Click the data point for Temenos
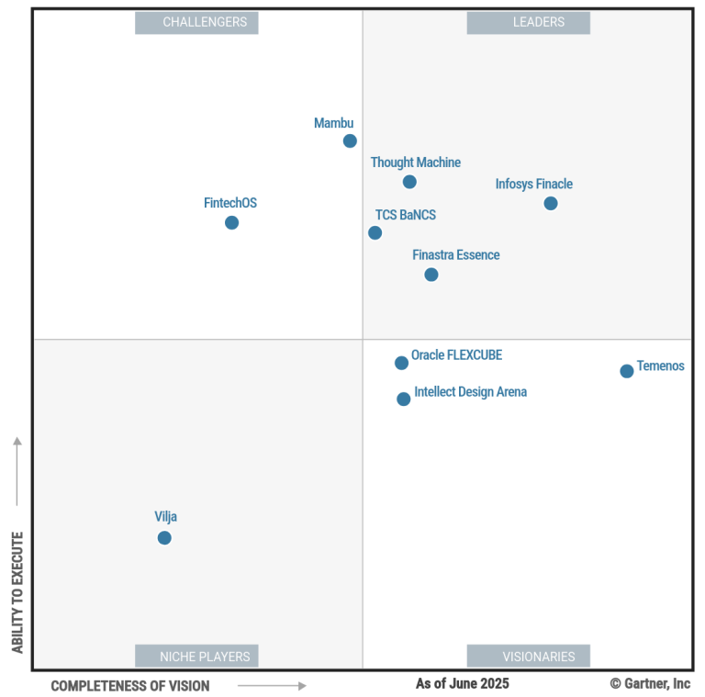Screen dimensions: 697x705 [626, 371]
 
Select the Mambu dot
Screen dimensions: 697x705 [350, 141]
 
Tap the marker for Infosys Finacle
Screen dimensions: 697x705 [550, 203]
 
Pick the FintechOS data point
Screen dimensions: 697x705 [231, 222]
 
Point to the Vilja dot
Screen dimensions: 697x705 [164, 537]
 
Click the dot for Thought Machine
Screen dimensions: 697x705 [409, 182]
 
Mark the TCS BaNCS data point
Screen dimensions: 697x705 [375, 232]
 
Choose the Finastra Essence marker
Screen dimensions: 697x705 [431, 275]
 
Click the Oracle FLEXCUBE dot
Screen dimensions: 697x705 [401, 363]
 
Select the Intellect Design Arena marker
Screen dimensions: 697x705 [404, 399]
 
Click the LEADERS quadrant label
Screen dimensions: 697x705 [528, 22]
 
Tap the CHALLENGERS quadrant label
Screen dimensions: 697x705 [196, 22]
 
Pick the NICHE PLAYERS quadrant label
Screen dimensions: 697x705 [196, 656]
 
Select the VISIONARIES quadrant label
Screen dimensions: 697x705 [528, 656]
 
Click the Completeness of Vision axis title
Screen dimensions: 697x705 [129, 686]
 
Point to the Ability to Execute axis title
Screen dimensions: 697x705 [17, 592]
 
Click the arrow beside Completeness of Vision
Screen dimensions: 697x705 [272, 685]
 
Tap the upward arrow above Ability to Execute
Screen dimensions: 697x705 [17, 471]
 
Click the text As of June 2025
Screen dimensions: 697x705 [462, 683]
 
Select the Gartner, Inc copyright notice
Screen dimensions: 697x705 [650, 683]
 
